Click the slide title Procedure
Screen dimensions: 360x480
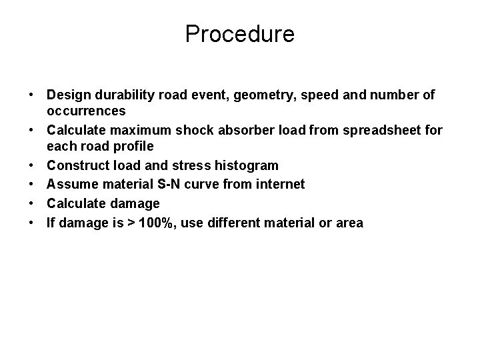(240, 33)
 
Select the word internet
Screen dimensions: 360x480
(281, 183)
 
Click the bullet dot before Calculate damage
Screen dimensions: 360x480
(33, 203)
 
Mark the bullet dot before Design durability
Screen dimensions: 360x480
(33, 95)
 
